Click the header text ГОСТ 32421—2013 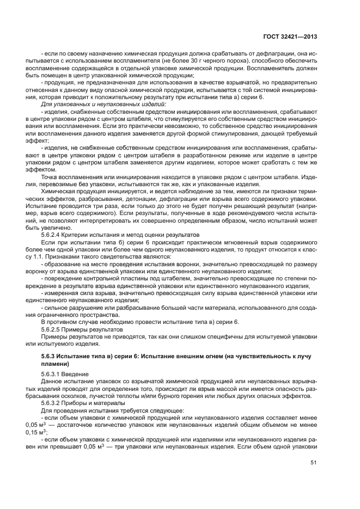point(292,37)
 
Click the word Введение point(80,374)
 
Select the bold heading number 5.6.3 point(51,356)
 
